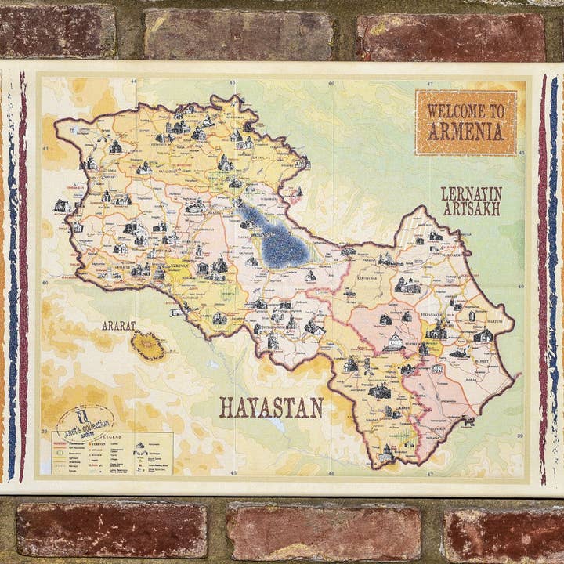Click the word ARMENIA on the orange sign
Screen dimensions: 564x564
(465, 132)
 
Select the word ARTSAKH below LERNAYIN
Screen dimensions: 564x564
(471, 209)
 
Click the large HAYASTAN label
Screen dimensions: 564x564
(271, 407)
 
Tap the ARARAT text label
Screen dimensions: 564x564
(118, 325)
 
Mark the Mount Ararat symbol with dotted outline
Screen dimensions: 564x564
(147, 345)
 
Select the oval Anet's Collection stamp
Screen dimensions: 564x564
(85, 424)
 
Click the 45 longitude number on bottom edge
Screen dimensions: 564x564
(233, 473)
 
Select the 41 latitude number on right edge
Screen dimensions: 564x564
(521, 153)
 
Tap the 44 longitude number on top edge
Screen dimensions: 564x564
(133, 82)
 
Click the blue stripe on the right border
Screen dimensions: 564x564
(553, 274)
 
